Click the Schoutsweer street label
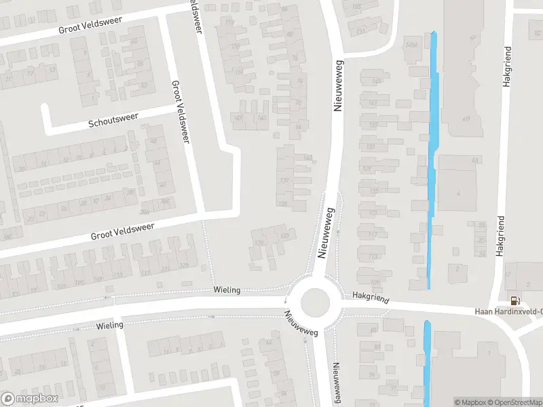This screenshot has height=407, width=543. (x=113, y=121)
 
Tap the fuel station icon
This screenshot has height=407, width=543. (x=514, y=301)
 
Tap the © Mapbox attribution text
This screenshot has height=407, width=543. (x=470, y=402)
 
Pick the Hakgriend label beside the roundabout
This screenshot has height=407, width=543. (x=369, y=296)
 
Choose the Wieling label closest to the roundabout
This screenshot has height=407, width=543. (x=226, y=290)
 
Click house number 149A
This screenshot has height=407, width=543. (x=411, y=45)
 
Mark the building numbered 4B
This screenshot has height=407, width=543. (x=466, y=119)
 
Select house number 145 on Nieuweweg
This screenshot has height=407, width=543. (x=376, y=82)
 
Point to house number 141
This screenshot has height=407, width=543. (x=373, y=103)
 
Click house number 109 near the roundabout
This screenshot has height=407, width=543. (x=375, y=280)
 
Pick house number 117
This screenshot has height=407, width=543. (x=373, y=235)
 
